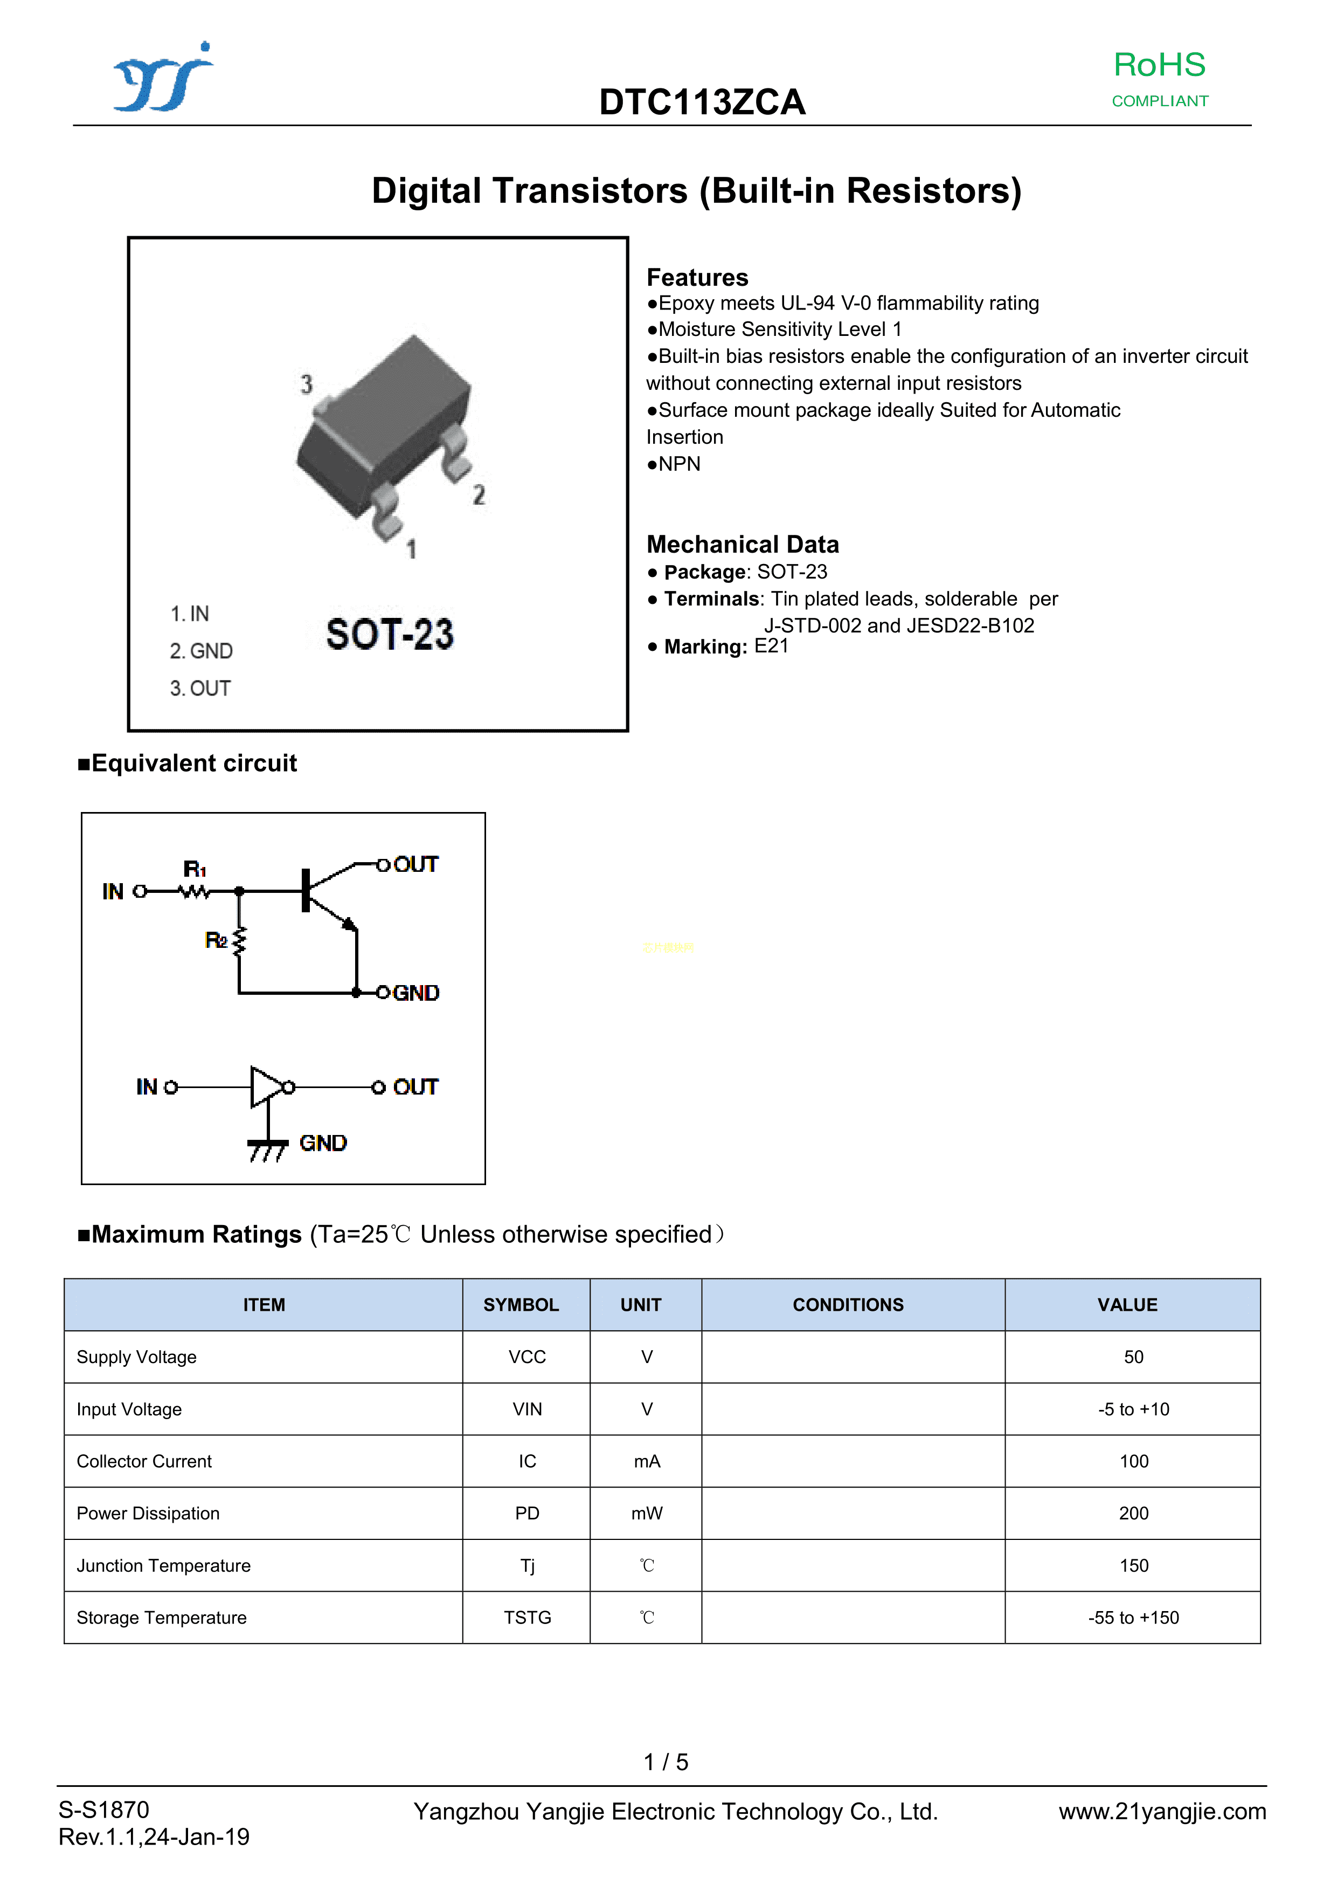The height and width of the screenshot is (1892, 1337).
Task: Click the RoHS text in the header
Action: [1159, 65]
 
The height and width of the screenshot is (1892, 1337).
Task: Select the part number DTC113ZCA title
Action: [702, 102]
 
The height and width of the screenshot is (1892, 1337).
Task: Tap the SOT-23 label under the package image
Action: [390, 635]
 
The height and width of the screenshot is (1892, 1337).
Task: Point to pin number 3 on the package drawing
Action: [307, 384]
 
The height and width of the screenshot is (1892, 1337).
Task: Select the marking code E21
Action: [771, 646]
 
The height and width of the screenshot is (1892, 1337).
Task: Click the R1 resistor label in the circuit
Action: [195, 869]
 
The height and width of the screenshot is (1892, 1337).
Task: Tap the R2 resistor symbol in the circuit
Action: [240, 941]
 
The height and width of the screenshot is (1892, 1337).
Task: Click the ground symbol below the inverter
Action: [267, 1148]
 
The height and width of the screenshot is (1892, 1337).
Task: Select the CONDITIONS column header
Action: [848, 1304]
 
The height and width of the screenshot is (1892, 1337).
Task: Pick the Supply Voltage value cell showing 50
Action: [1133, 1357]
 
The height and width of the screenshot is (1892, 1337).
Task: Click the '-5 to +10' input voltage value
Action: [1133, 1409]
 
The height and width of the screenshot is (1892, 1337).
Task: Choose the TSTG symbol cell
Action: [527, 1618]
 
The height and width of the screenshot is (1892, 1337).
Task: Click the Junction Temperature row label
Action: [163, 1566]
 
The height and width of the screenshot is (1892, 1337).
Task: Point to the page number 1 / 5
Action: [666, 1762]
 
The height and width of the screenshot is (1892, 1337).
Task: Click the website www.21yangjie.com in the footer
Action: [1161, 1811]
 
